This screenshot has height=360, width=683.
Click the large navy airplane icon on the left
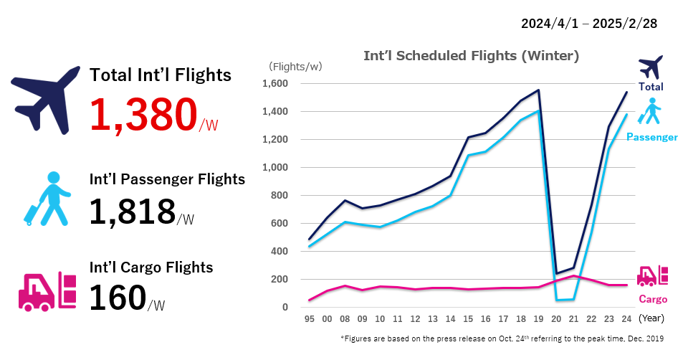(x=45, y=99)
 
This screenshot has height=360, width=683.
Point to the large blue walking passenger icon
(x=48, y=199)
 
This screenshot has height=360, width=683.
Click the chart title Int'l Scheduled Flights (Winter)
(x=471, y=55)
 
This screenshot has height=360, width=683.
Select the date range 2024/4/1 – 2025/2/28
(x=589, y=23)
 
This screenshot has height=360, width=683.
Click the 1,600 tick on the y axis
(x=274, y=84)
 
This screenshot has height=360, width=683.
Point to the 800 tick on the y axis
(x=279, y=196)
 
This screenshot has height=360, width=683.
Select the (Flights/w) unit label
(x=295, y=67)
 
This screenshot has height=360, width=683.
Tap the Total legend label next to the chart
(x=651, y=87)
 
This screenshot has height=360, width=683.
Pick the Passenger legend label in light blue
(x=651, y=136)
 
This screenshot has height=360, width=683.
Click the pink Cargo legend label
(x=652, y=299)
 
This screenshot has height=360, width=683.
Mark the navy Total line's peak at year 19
(x=538, y=90)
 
